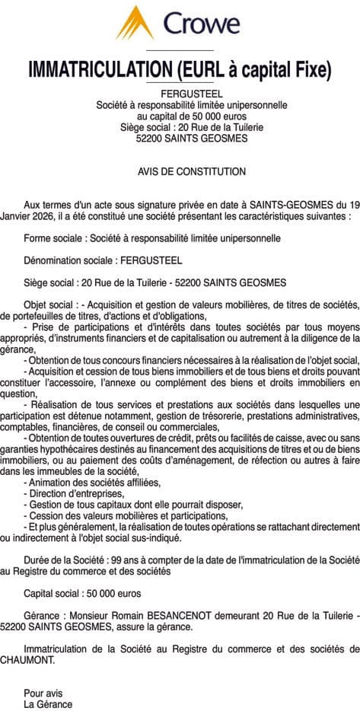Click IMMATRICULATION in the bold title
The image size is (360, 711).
tap(100, 69)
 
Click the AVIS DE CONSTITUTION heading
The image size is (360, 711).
tap(180, 172)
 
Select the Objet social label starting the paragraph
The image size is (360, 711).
tap(50, 304)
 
